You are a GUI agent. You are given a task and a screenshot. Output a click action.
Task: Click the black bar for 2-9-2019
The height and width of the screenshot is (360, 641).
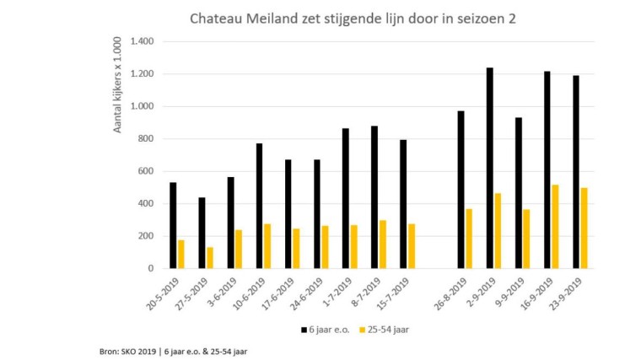(x=489, y=168)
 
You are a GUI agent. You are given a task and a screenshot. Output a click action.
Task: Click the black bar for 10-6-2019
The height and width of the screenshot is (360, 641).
(x=260, y=206)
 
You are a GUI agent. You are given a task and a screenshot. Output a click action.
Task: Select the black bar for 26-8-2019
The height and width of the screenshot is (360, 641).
(x=461, y=190)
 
